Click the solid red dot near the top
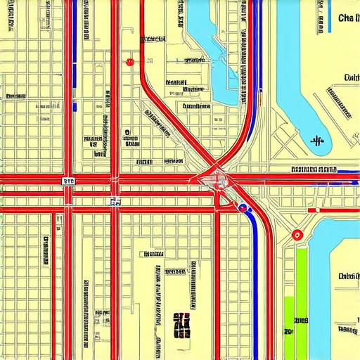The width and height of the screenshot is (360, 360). coord(129,62)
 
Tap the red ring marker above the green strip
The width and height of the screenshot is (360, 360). coord(297,235)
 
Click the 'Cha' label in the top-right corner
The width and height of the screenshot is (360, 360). coord(347,18)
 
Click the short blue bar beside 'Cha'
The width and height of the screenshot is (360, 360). coord(330,21)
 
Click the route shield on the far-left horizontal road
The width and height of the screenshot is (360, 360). coord(68,181)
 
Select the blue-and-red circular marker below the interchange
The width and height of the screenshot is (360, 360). coord(243,208)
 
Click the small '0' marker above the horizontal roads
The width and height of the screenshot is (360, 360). coord(127,131)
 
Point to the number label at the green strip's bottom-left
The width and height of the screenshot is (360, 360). coord(288,330)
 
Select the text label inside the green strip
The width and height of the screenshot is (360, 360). coord(301,321)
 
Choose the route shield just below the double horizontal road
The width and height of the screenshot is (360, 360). coord(115,202)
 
